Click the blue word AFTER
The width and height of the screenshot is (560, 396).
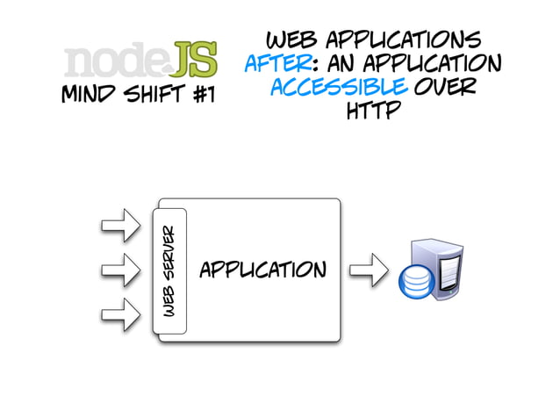point(275,64)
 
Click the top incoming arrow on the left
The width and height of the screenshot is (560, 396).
point(120,224)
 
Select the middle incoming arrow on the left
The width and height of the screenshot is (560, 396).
point(120,268)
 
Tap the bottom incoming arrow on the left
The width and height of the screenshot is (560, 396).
point(120,312)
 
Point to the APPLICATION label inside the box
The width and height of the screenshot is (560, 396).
point(262,269)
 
